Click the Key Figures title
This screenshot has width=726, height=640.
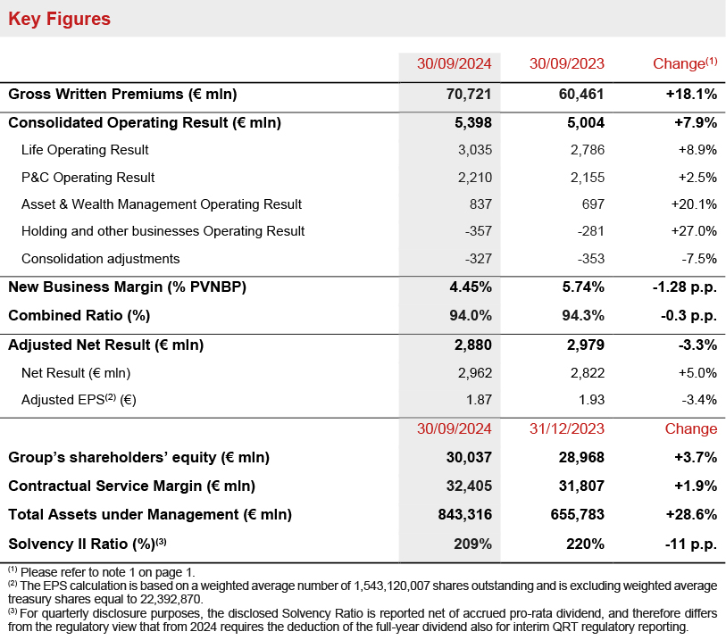pos(60,18)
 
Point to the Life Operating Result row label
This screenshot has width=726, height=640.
pos(85,150)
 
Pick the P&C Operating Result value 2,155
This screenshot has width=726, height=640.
pos(587,177)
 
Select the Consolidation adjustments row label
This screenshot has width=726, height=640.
pos(100,259)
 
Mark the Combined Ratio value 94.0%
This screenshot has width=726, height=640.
pos(471,315)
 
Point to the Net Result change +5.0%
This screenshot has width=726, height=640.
pos(697,372)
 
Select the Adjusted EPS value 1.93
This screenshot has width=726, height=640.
pos(590,399)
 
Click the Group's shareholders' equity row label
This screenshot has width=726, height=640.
pos(138,457)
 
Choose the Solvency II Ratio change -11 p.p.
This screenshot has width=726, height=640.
pos(689,543)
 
